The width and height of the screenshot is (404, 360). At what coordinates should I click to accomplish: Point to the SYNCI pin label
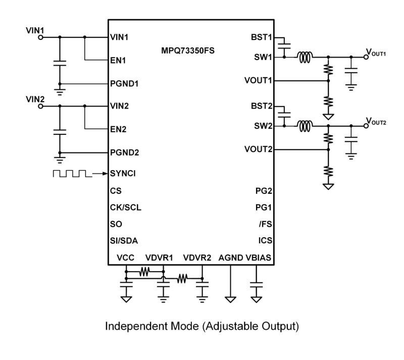coord(122,173)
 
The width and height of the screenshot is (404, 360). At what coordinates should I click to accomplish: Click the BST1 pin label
coord(261,37)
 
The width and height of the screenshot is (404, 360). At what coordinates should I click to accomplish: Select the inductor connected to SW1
coord(304,57)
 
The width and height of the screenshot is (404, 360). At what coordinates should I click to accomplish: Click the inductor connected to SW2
coord(304,126)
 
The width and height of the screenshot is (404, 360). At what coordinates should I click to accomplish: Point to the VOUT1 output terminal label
coord(377,54)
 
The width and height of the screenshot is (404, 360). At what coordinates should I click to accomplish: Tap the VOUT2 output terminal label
coord(377,123)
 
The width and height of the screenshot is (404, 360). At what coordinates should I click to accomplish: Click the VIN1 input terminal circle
coord(39,37)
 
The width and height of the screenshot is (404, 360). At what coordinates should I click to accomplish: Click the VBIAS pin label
coord(258,258)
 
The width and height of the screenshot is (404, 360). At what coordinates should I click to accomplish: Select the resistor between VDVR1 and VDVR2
coord(182,277)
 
